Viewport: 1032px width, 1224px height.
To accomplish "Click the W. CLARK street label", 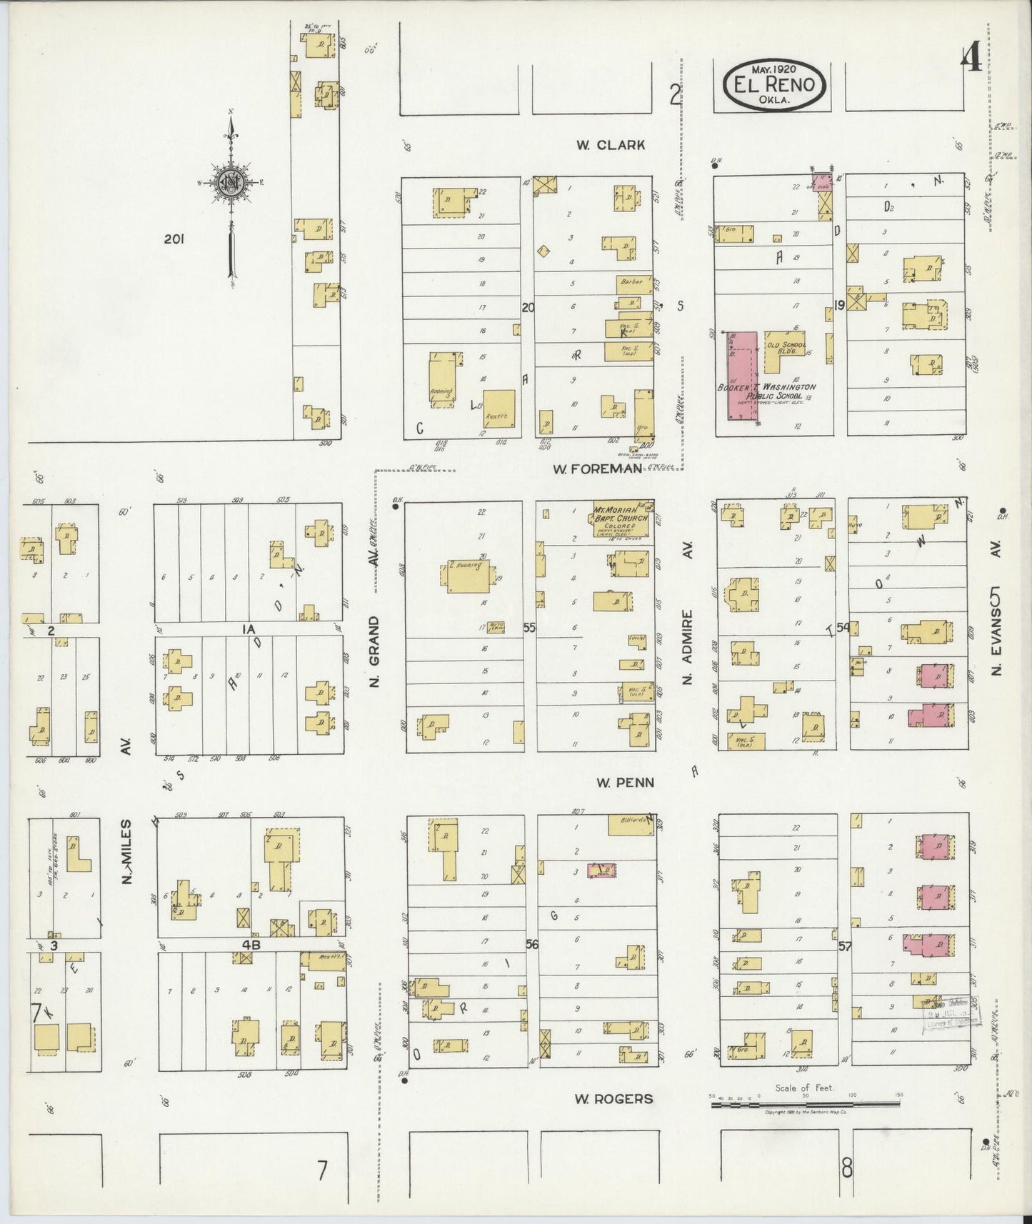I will [611, 145].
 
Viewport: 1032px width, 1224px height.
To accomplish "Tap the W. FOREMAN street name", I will [596, 468].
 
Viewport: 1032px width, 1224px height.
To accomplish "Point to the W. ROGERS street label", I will [613, 1098].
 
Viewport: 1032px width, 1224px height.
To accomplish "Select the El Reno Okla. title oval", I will [774, 84].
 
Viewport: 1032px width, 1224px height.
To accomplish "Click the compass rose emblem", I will [233, 183].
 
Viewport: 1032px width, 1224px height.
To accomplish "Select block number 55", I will [529, 628].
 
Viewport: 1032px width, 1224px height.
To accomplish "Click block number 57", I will [845, 946].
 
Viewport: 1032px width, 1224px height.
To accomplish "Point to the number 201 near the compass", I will [174, 240].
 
